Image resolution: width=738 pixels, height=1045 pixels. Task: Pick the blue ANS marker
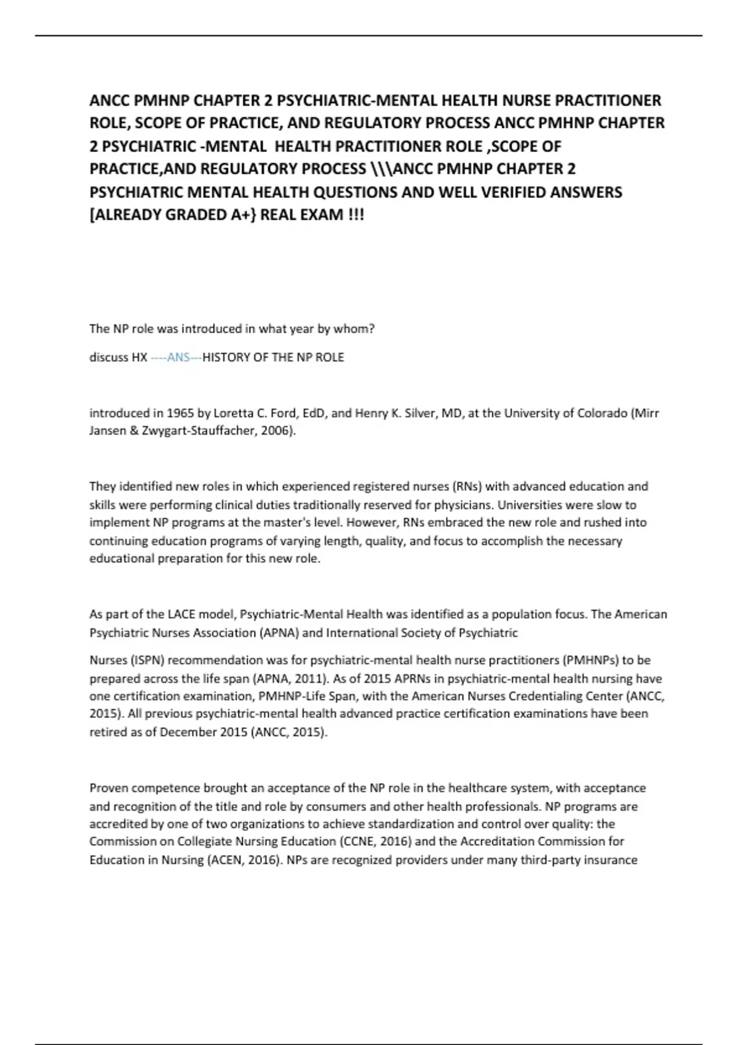[178, 358]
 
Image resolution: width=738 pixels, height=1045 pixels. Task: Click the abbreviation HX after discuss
[139, 358]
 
